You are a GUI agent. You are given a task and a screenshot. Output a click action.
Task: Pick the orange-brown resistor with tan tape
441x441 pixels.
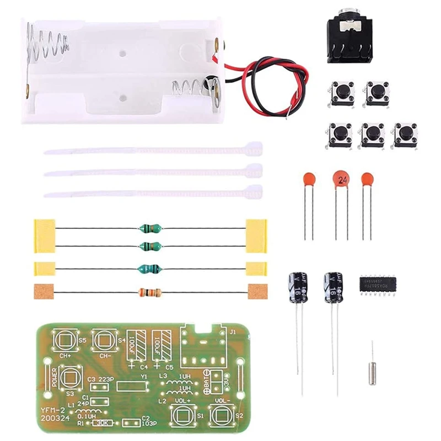150,292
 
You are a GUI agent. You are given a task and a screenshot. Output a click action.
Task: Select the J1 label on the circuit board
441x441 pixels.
232,332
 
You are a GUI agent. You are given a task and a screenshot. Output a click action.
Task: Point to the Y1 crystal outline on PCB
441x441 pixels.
131,385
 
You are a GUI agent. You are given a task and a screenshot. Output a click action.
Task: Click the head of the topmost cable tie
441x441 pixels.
253,149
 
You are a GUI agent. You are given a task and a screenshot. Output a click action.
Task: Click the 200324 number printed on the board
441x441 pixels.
54,418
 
